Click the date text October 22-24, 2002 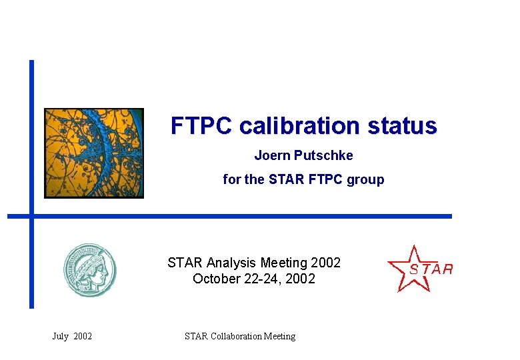click(x=253, y=279)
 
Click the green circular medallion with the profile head click(x=89, y=271)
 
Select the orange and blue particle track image click(x=94, y=153)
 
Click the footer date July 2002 click(x=72, y=337)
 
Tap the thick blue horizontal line click(x=267, y=216)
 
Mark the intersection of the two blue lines click(x=31, y=216)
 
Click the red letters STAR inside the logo click(x=431, y=269)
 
